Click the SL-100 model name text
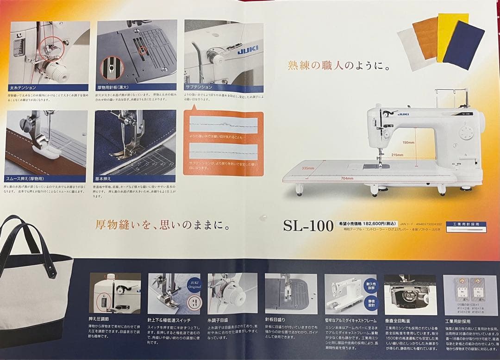click(x=308, y=226)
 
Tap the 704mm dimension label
click(x=347, y=178)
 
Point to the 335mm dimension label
click(x=308, y=168)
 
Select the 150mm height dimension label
click(x=408, y=143)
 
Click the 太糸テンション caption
click(x=23, y=87)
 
